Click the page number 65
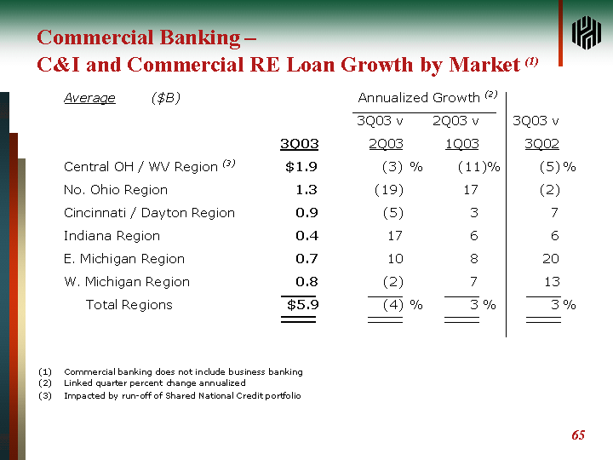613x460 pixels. (578, 435)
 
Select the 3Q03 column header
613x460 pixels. (300, 144)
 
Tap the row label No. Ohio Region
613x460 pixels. (116, 190)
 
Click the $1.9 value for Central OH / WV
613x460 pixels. (301, 167)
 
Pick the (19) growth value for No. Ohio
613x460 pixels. (389, 190)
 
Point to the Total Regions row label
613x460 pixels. (129, 305)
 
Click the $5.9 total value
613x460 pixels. (302, 305)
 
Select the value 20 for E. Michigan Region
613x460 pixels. (550, 259)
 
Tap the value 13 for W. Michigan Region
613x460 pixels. (550, 282)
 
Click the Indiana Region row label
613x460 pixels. (112, 236)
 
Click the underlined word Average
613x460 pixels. (89, 98)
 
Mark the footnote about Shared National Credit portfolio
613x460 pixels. (182, 396)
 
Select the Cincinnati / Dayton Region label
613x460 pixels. (149, 213)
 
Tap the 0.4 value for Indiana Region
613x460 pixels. (306, 236)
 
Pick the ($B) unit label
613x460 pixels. (165, 98)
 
